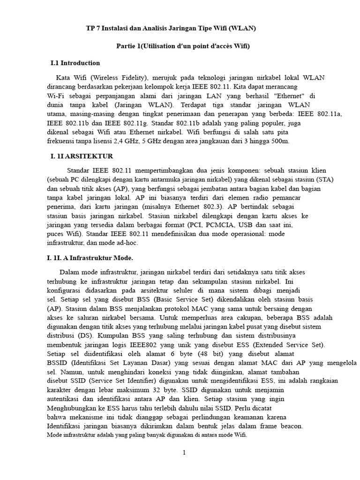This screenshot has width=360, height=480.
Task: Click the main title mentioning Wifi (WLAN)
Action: coord(171,29)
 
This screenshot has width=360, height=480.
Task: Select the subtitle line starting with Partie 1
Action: coord(183,46)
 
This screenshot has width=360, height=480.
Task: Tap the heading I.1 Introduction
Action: coord(75,63)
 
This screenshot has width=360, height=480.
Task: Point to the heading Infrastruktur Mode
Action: coord(90,258)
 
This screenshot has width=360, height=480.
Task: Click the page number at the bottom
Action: coord(184,453)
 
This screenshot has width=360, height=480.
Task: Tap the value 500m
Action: coord(280,141)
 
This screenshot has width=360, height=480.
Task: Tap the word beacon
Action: coord(292,427)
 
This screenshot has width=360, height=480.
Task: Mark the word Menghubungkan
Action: coord(72,408)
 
